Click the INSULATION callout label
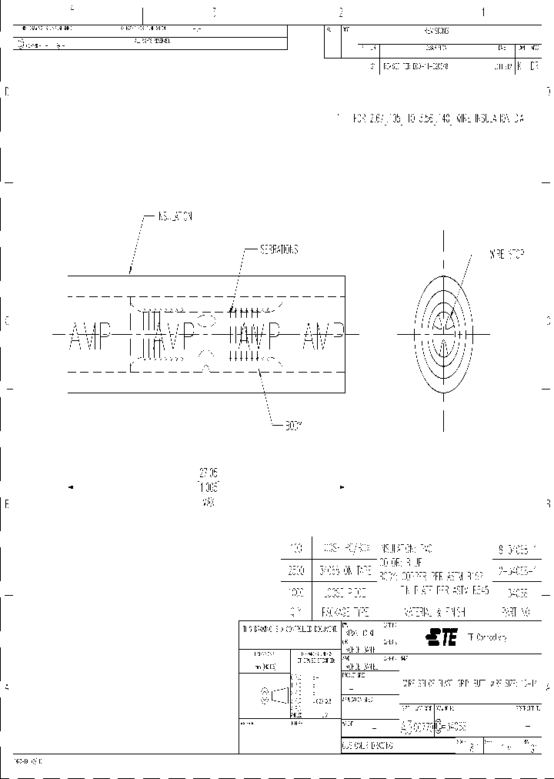[x=175, y=217]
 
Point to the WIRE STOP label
[x=506, y=253]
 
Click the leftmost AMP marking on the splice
[x=90, y=336]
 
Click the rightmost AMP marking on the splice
[x=322, y=336]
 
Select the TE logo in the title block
[x=442, y=636]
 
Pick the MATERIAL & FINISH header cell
[x=432, y=613]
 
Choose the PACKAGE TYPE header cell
[x=345, y=613]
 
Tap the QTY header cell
[x=295, y=613]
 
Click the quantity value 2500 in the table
[x=295, y=570]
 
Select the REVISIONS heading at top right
[x=436, y=31]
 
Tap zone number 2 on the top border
[x=340, y=12]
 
